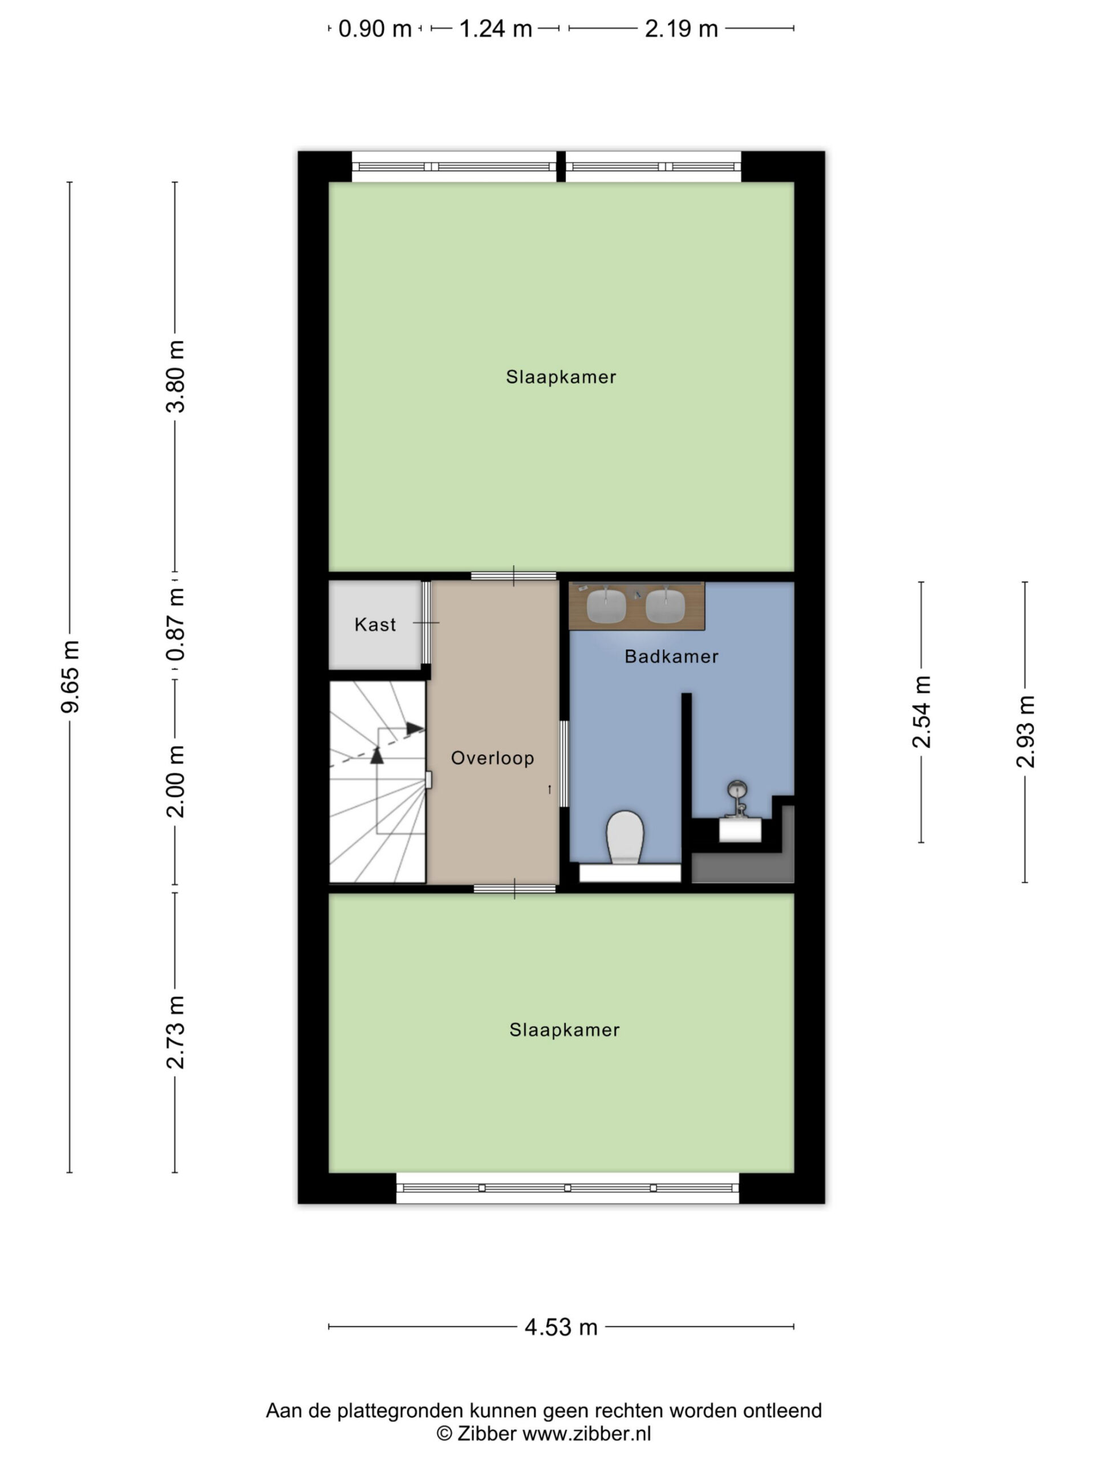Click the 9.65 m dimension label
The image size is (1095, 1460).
[70, 676]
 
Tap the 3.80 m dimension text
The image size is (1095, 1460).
[176, 377]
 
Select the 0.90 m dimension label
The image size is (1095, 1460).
[375, 29]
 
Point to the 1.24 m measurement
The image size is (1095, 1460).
[495, 29]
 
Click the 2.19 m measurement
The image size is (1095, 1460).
[681, 29]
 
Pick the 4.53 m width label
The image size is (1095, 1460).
[561, 1327]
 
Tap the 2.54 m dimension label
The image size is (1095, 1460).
[922, 712]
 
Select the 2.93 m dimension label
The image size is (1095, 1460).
[1025, 731]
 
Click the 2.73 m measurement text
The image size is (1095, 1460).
[176, 1032]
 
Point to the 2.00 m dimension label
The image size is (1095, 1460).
[176, 781]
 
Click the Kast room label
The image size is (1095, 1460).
[375, 624]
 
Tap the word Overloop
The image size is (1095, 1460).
[492, 758]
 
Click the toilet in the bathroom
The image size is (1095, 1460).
[625, 837]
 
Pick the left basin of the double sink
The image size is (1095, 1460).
[606, 605]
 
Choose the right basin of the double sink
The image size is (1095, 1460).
[666, 605]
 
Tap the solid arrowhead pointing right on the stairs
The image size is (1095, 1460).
[415, 729]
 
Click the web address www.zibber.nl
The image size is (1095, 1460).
[587, 1433]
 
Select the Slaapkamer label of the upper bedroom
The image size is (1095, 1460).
[561, 377]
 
